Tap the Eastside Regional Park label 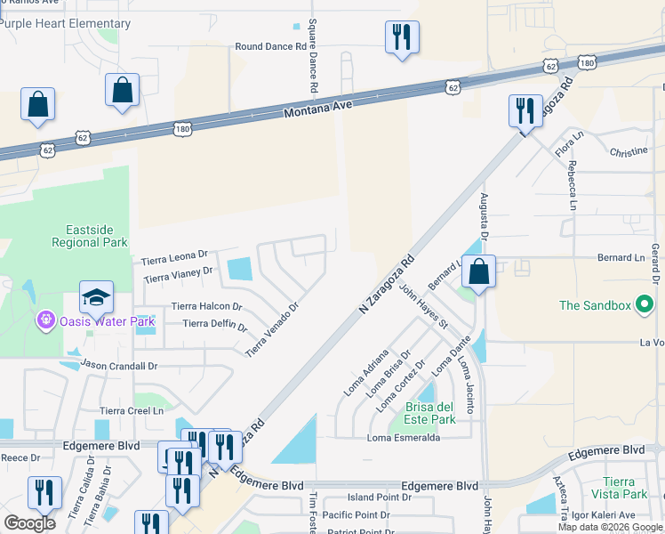(x=89, y=236)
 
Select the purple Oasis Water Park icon (x=44, y=319)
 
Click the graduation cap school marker (x=96, y=297)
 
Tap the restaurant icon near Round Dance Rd (x=402, y=37)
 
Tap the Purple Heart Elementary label (x=65, y=24)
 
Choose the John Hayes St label (x=423, y=305)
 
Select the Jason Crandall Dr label (x=118, y=365)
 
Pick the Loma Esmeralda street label (x=404, y=438)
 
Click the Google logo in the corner (x=29, y=522)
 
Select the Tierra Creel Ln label (x=132, y=410)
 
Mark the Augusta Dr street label (x=485, y=216)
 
